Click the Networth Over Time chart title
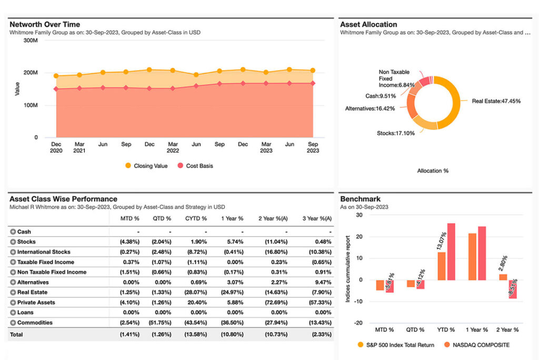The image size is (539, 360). tap(45, 24)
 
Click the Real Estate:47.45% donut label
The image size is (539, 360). tap(496, 101)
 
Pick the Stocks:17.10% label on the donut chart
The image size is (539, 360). tap(395, 133)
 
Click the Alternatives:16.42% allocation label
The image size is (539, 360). tap(370, 108)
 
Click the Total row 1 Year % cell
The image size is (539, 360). tap(233, 334)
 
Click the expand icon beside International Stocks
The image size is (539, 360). tap(13, 252)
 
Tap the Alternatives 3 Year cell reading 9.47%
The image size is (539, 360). tap(322, 283)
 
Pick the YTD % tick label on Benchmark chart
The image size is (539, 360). tap(446, 329)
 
